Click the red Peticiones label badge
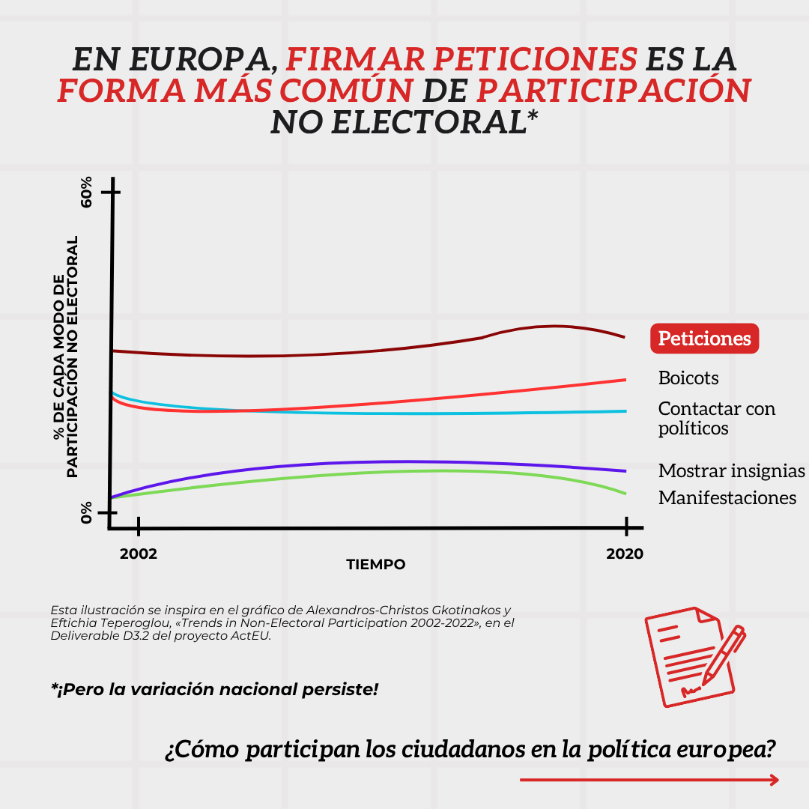[x=704, y=339]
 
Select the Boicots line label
[x=688, y=378]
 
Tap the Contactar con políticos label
[x=716, y=418]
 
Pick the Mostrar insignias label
[x=731, y=471]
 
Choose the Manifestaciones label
[x=727, y=498]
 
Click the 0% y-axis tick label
[x=87, y=513]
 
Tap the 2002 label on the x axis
[x=139, y=554]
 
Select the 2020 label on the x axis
[x=625, y=554]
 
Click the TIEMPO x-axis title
[x=376, y=564]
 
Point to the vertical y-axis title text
[x=66, y=357]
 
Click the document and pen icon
[x=694, y=657]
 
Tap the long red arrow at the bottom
[x=649, y=780]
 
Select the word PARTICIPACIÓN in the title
[x=613, y=91]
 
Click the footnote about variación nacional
[x=214, y=688]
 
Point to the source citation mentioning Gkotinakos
[x=282, y=622]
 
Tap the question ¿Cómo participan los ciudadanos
[x=470, y=749]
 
